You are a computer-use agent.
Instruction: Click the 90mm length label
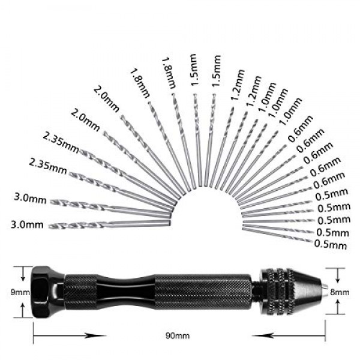pos(178,335)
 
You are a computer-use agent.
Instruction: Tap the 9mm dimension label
pos(20,292)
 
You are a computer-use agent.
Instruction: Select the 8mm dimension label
pos(340,292)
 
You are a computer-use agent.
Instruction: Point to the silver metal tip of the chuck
pos(325,286)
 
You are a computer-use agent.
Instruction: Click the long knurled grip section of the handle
pos(203,292)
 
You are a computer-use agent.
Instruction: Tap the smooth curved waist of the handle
pos(126,292)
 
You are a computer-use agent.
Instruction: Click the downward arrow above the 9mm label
pos(23,274)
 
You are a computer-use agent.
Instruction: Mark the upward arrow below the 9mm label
pos(23,310)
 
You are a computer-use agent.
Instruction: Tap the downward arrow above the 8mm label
pos(337,275)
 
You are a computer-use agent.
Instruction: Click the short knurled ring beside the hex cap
pos(81,292)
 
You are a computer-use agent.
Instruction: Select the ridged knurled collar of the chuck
pos(277,292)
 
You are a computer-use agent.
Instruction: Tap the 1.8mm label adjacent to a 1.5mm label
pos(169,73)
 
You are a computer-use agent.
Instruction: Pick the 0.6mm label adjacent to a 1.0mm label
pos(301,128)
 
